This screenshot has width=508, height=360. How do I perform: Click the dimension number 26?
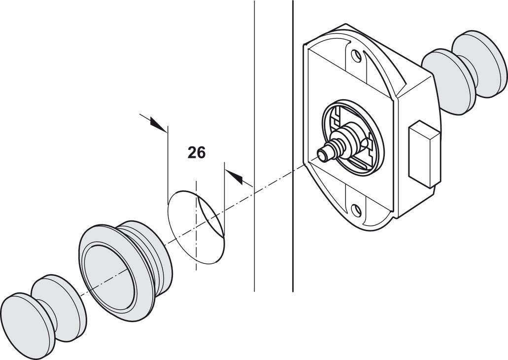[x=196, y=153]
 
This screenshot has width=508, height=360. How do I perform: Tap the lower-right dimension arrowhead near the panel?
[x=236, y=177]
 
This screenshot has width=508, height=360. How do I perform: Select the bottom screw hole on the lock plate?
[x=356, y=211]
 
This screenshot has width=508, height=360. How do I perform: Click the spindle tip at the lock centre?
[x=324, y=155]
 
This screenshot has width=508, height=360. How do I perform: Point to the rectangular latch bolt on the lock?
[x=424, y=153]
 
